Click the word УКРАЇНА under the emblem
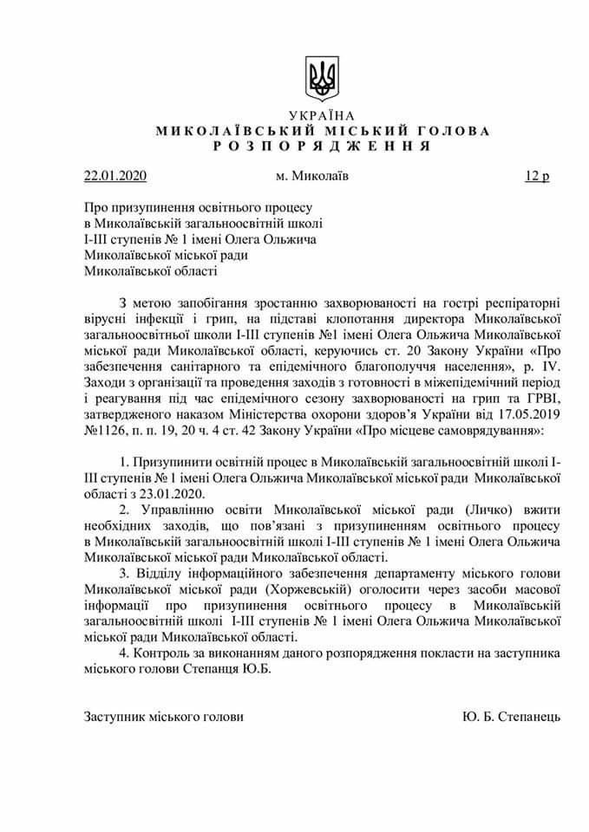(x=322, y=116)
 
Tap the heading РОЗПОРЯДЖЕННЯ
(x=323, y=146)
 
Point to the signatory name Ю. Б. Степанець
(x=513, y=717)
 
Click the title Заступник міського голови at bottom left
(x=164, y=717)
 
